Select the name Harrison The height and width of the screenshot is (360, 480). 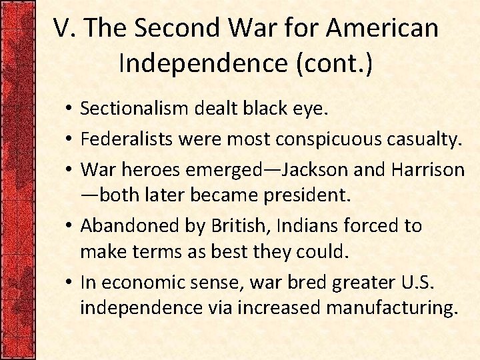(x=428, y=169)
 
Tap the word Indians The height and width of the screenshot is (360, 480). (x=296, y=226)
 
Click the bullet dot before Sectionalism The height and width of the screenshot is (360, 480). (x=69, y=108)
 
